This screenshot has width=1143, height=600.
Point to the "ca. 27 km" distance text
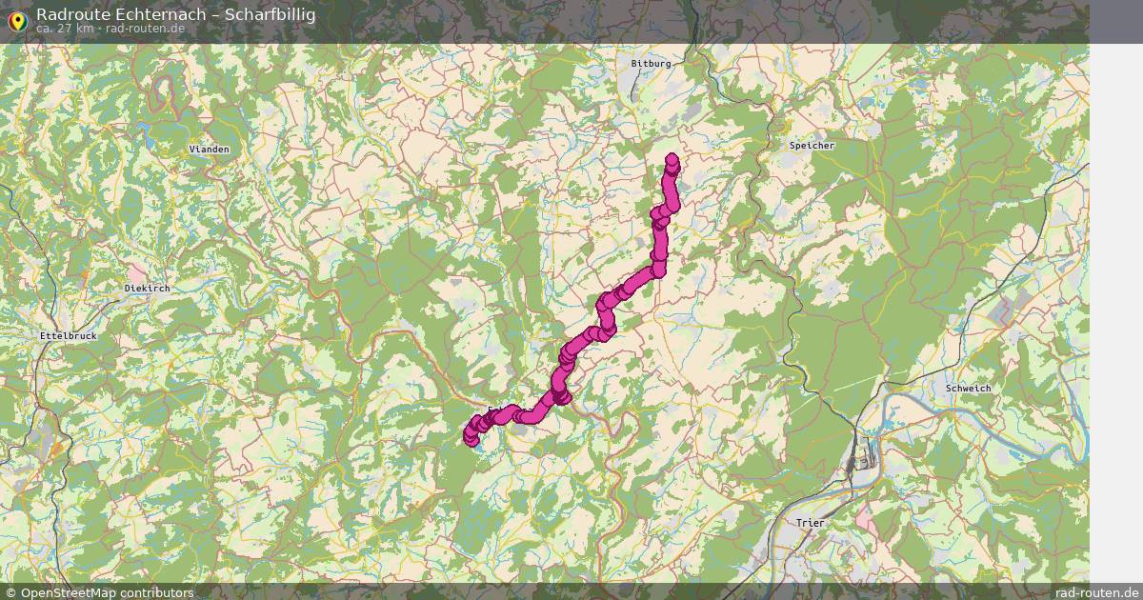pyautogui.click(x=65, y=29)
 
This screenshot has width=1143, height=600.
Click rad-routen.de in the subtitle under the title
pyautogui.click(x=146, y=29)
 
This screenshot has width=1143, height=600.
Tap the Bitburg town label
pyautogui.click(x=651, y=64)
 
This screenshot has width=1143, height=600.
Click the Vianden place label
pyautogui.click(x=209, y=150)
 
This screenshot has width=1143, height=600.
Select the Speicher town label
pyautogui.click(x=812, y=146)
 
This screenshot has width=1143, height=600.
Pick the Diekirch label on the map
pyautogui.click(x=147, y=288)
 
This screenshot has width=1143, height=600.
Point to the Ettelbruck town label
pyautogui.click(x=69, y=336)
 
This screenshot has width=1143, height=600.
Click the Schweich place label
pyautogui.click(x=969, y=389)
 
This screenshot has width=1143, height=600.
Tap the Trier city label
pyautogui.click(x=812, y=524)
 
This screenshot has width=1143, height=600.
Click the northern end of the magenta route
pyautogui.click(x=672, y=160)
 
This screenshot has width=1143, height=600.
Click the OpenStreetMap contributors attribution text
pyautogui.click(x=107, y=592)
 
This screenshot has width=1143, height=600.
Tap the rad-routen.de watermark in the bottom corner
pyautogui.click(x=1096, y=592)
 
